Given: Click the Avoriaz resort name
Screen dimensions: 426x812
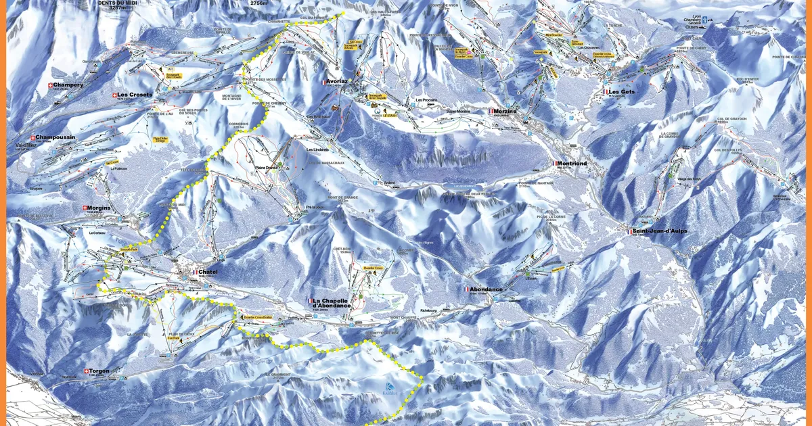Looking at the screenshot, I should point(337,80).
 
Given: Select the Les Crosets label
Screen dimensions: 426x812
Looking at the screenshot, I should point(134,95).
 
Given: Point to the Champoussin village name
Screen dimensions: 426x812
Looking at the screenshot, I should point(56,137).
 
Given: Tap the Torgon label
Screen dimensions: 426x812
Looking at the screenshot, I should point(98,371).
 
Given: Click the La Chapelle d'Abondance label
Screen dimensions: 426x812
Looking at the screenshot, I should point(332,303).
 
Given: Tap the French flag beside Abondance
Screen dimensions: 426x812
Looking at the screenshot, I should point(466,289).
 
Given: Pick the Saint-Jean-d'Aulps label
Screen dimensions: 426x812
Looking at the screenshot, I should point(660,231).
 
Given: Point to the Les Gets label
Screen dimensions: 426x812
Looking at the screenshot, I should point(621,91).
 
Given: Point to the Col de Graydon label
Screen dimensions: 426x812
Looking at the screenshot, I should point(729,119).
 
